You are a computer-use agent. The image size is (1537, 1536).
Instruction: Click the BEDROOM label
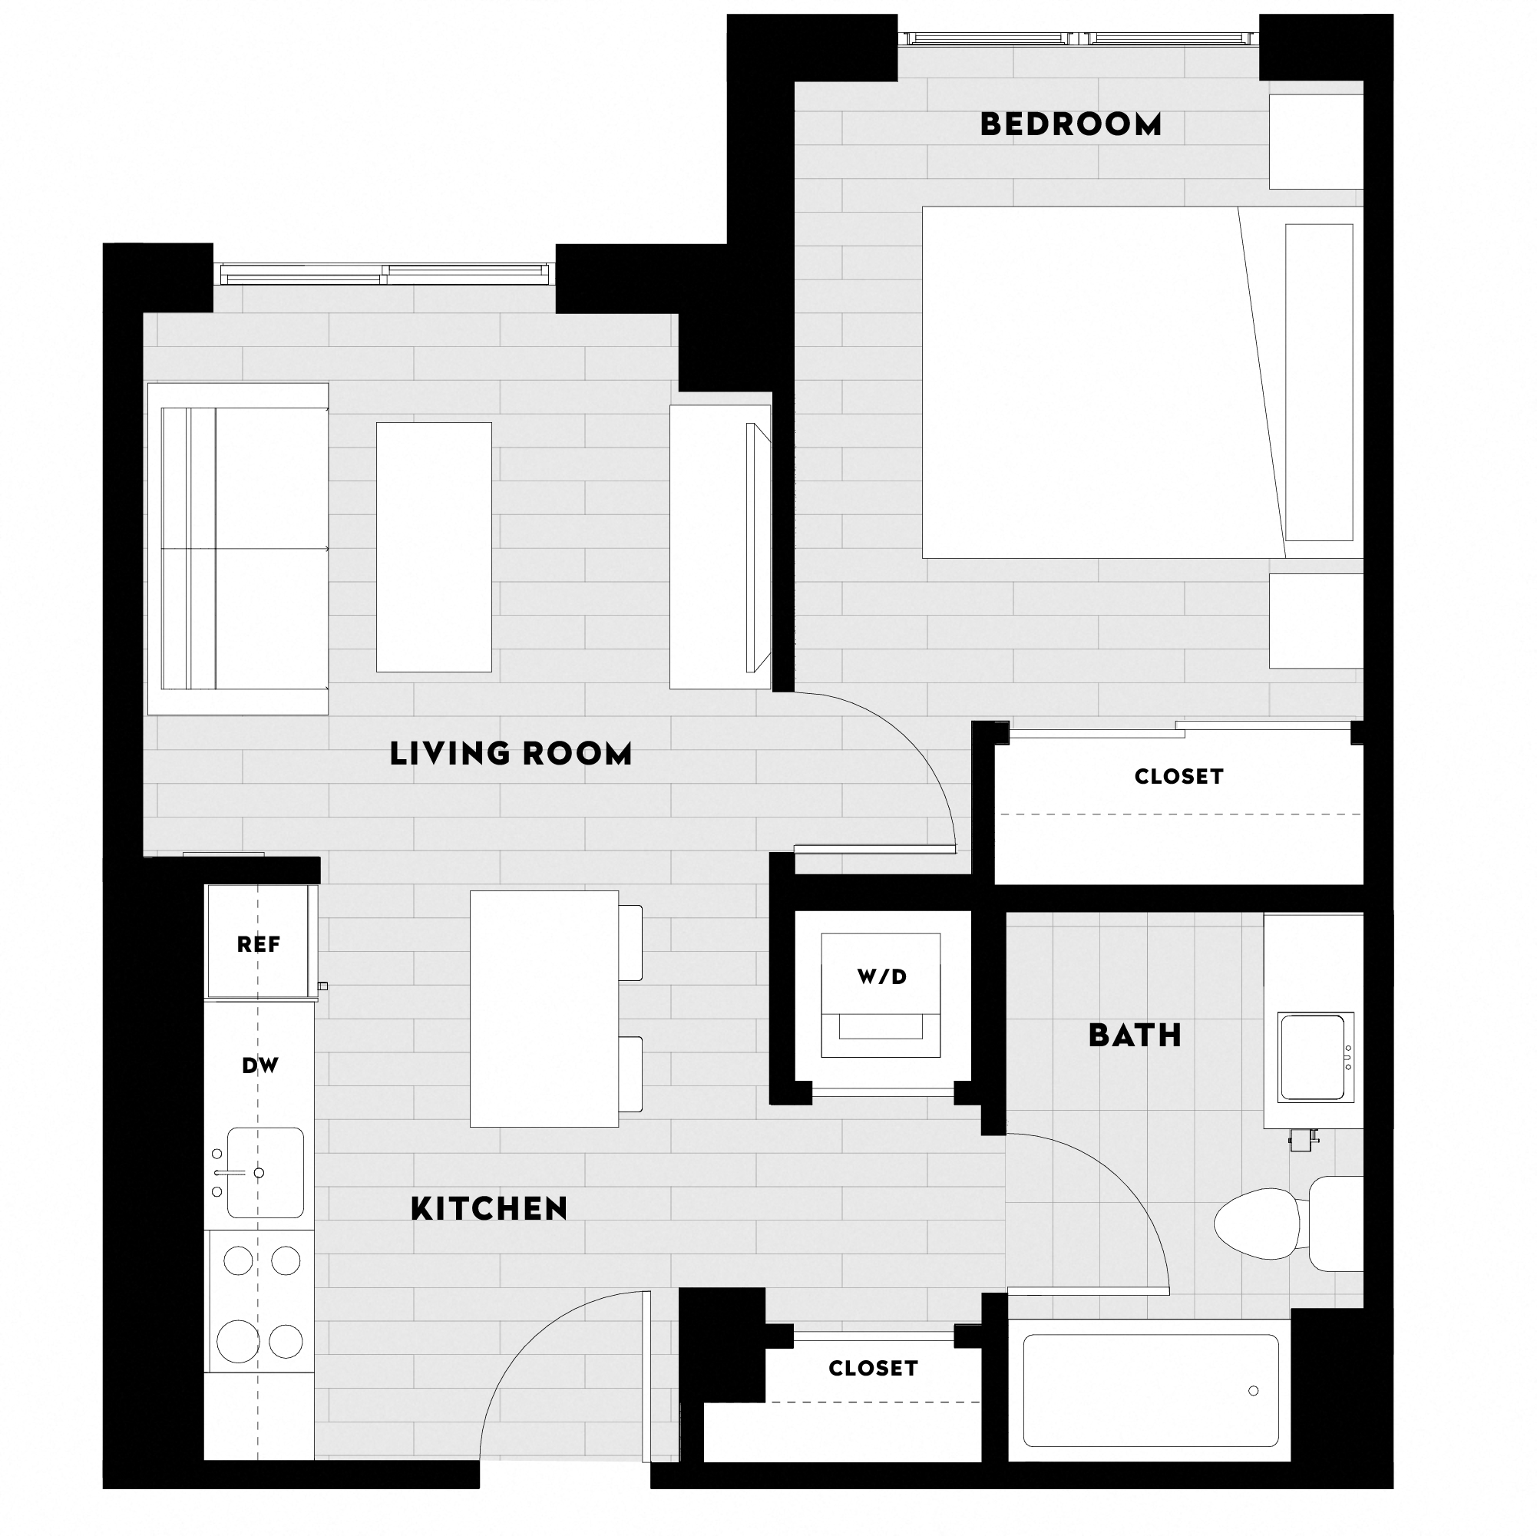(x=1070, y=125)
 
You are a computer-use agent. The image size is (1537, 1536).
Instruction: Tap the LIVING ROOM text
(x=510, y=753)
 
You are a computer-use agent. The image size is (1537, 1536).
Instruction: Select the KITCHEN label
(x=488, y=1209)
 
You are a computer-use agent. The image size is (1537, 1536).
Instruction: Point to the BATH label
(x=1135, y=1036)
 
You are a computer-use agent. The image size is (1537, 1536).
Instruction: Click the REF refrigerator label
(x=259, y=944)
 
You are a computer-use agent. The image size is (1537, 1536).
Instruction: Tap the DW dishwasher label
(x=260, y=1065)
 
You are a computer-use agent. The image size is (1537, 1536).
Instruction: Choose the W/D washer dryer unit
(x=881, y=994)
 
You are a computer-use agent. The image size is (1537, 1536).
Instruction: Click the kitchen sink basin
(x=266, y=1172)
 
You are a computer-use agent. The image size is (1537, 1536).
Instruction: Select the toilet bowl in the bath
(x=1256, y=1224)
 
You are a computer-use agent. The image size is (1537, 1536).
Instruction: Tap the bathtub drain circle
(x=1253, y=1390)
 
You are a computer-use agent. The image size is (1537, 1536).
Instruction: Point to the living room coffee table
(x=434, y=547)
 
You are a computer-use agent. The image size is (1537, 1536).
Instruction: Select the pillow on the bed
(x=1318, y=382)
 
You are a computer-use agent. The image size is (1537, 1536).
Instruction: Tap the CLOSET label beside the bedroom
(x=1178, y=776)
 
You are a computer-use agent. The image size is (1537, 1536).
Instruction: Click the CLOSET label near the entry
(x=873, y=1368)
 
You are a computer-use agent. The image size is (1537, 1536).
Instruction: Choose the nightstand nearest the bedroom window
(x=1315, y=142)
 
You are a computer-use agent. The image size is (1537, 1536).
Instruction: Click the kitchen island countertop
(x=544, y=1009)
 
